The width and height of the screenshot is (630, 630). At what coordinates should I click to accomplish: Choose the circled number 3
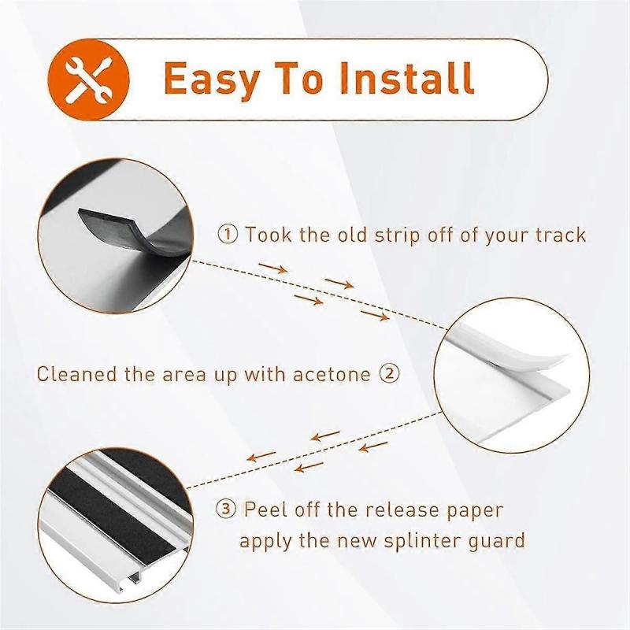[x=228, y=510]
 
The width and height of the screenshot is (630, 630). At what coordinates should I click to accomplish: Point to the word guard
[x=498, y=542]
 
